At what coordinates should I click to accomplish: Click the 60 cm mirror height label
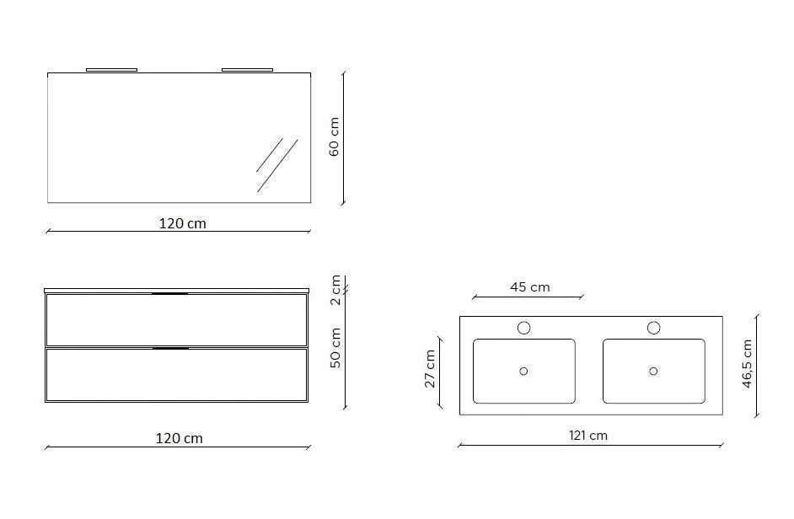point(335,136)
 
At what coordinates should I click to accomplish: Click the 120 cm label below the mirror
point(183,224)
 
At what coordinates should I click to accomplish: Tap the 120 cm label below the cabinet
point(180,438)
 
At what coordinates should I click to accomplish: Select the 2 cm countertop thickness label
point(335,290)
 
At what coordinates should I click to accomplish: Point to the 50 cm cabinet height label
point(335,348)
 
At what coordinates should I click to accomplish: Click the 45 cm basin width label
point(529,287)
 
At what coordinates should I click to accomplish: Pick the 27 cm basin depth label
point(430,369)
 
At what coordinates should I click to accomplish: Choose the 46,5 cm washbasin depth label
point(747,364)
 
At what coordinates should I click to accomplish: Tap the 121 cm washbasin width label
point(587,436)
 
